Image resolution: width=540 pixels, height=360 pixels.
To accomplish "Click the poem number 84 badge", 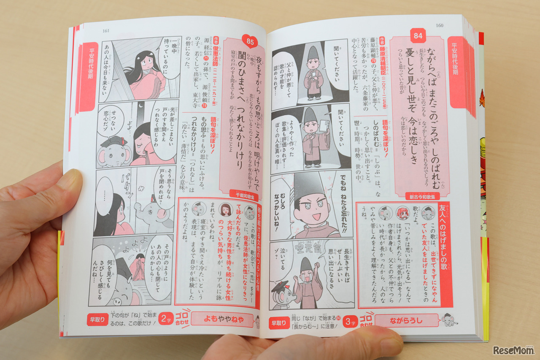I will (418, 36).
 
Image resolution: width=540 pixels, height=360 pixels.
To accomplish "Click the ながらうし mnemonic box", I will (406, 321).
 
